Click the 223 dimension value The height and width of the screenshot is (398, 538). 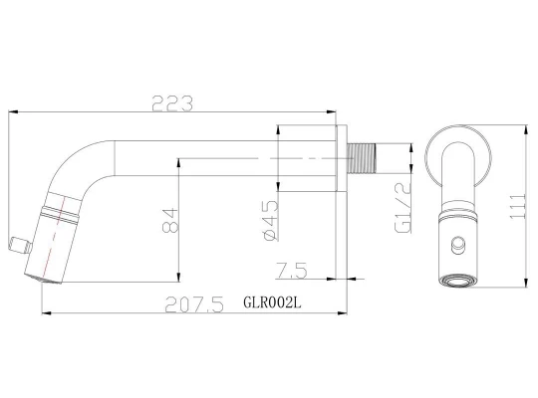(172, 103)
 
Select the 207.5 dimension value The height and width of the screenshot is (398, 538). (194, 304)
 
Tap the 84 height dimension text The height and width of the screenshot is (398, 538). (170, 220)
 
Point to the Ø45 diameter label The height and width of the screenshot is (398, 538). (271, 221)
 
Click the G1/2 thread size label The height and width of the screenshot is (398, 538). (403, 207)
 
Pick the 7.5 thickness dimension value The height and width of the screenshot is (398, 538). (292, 271)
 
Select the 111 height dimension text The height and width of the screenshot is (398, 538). (517, 206)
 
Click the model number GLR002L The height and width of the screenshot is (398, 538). (272, 302)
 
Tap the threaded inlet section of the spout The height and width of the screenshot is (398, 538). (362, 158)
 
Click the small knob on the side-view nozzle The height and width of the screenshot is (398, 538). (20, 246)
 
